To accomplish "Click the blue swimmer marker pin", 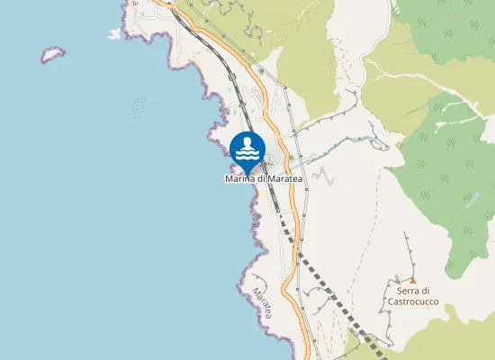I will coord(247,149).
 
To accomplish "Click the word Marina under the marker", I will coord(240,179).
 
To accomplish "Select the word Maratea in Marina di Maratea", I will coord(288,179).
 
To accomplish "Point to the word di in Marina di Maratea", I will coord(263,179).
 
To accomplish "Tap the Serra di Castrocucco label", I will coord(413,295).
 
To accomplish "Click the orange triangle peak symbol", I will coord(413,280).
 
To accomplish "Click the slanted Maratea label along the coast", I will coord(262,306).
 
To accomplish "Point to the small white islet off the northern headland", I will coord(114,34).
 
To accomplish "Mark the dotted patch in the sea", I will coord(138,108).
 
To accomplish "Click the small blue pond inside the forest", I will coord(472,200).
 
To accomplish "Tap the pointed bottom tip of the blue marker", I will coord(247,172).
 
